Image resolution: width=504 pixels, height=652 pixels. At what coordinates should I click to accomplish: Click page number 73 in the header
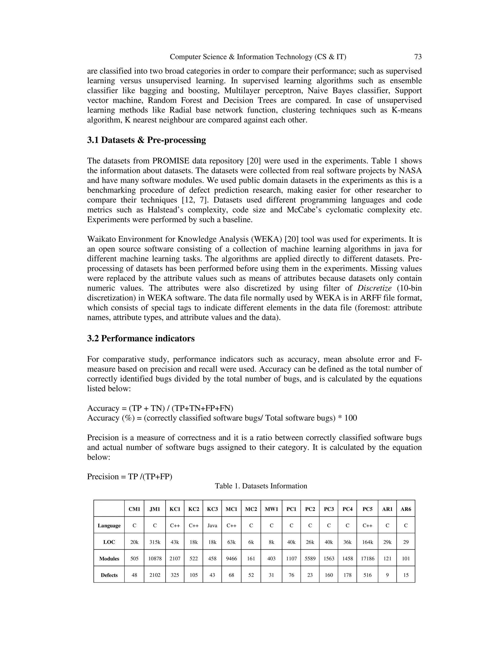tap(418, 57)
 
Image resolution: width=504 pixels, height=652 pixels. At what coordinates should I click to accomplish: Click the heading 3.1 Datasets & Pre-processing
tap(146, 140)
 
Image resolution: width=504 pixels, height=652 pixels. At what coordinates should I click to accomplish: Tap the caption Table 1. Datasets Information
tap(261, 486)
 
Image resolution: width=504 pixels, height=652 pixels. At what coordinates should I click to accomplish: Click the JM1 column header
tap(155, 509)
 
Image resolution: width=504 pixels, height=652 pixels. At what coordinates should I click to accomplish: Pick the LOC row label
tap(109, 542)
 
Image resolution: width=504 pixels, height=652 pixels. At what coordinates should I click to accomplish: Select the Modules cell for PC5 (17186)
tap(367, 558)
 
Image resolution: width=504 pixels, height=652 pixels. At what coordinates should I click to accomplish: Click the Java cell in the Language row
tap(212, 526)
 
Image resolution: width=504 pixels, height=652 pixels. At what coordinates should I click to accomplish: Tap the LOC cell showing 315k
tap(155, 542)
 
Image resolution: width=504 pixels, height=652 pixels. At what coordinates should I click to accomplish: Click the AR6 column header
tap(406, 509)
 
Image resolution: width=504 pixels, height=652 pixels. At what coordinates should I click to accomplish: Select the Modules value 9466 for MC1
tap(231, 558)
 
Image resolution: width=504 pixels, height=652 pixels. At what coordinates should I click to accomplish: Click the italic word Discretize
tap(374, 288)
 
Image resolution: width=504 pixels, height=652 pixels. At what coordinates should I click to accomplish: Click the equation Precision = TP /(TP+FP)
tap(130, 477)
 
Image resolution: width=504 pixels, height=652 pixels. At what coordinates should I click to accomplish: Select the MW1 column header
tap(271, 509)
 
